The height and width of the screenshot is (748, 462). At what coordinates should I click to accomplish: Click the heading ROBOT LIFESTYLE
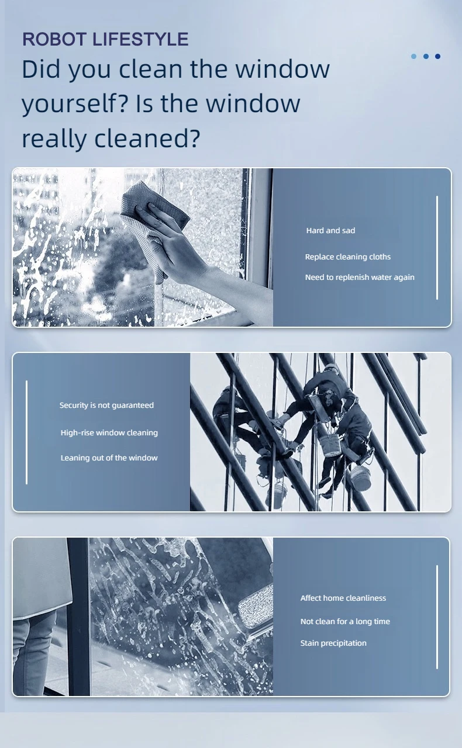click(x=105, y=39)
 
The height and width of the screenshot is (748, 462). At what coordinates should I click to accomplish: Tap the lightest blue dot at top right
click(x=413, y=57)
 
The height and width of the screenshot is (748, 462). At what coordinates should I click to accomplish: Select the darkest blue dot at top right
click(x=437, y=57)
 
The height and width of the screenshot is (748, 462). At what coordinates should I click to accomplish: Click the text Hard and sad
click(x=330, y=230)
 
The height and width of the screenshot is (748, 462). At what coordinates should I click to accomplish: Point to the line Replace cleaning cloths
click(x=348, y=257)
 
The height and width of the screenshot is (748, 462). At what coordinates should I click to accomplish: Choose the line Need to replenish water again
click(x=360, y=277)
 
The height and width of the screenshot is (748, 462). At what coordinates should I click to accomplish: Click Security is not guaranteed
click(x=106, y=406)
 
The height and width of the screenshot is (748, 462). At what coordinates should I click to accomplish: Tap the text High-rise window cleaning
click(x=109, y=433)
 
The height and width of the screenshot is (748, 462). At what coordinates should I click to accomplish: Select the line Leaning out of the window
click(x=109, y=458)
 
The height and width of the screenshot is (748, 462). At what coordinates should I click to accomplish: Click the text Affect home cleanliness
click(x=343, y=598)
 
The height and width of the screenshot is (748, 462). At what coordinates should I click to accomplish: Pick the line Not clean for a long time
click(x=345, y=621)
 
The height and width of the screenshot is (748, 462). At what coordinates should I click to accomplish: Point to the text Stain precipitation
click(x=333, y=643)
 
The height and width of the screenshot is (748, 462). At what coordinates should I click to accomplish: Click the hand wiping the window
click(x=174, y=240)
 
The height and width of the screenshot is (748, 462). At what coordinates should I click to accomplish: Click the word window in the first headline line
click(x=282, y=69)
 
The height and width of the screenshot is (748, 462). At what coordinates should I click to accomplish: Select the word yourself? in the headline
click(x=75, y=104)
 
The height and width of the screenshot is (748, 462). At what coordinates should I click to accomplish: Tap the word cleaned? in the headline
click(x=147, y=138)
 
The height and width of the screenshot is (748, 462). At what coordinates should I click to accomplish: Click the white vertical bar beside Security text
click(x=27, y=432)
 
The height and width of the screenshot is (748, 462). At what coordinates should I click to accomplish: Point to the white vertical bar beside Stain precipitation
click(x=437, y=617)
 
